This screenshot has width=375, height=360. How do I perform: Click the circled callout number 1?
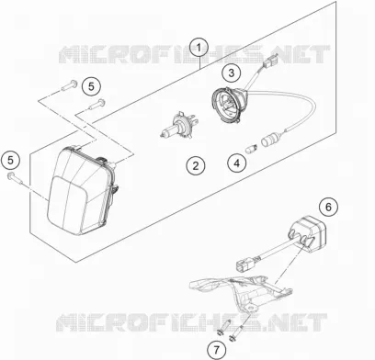[x=199, y=48]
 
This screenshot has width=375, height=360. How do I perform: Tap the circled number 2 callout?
[x=196, y=166]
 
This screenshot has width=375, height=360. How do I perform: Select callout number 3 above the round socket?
[x=232, y=73]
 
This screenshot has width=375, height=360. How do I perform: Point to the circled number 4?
[x=237, y=163]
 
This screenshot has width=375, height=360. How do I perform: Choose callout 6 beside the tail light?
[x=328, y=208]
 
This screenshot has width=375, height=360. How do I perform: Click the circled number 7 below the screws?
[x=216, y=349]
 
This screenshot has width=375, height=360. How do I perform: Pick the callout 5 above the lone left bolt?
[x=11, y=160]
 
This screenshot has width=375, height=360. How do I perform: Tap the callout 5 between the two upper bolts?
[x=91, y=86]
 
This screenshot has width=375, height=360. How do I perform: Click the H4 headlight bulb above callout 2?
[x=178, y=126]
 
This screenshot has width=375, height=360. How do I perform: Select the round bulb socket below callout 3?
[x=229, y=104]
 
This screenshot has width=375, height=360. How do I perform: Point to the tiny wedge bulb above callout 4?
[x=252, y=150]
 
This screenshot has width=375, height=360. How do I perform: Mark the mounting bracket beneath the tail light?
[x=241, y=292]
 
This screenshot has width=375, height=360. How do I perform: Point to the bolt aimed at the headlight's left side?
[x=16, y=178]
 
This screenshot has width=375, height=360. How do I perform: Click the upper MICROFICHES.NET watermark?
[x=194, y=54]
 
